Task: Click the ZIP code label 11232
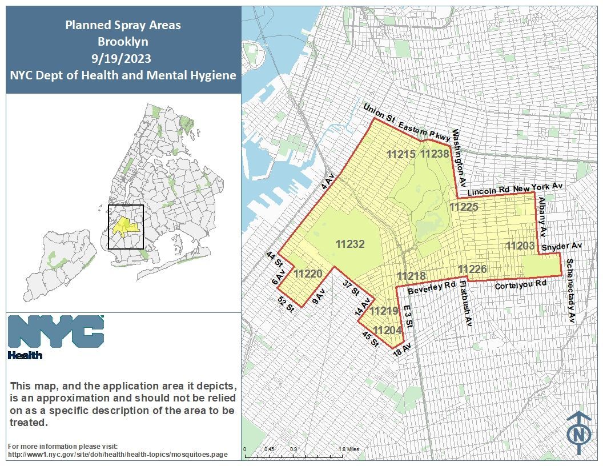point(350,244)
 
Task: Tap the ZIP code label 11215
point(401,154)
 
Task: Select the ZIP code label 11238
point(435,154)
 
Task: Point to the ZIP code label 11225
point(464,207)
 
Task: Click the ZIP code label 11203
point(520,246)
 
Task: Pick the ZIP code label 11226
point(472,269)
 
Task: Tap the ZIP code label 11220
point(308,274)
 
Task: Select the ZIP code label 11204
point(387,330)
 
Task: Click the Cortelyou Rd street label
point(520,284)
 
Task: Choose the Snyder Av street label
point(561,247)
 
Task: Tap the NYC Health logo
point(56,336)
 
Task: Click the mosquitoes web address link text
point(118,455)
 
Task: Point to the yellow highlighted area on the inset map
point(124,227)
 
